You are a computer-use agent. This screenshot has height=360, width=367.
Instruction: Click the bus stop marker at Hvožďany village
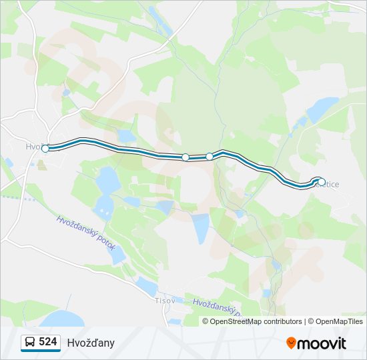point(45,149)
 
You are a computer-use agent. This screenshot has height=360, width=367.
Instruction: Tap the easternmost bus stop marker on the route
point(322,181)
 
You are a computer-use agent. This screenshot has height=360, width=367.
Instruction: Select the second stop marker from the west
point(186,157)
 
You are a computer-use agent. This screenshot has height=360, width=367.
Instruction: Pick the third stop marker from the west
point(210,157)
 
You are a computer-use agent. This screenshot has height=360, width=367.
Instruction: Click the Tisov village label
point(165,301)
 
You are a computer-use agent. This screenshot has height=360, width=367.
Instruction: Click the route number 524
point(48,342)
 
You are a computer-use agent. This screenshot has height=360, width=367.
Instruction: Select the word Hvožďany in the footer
point(91,343)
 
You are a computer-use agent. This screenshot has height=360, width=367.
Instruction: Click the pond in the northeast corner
point(323,107)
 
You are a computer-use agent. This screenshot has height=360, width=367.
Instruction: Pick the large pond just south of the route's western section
point(107,179)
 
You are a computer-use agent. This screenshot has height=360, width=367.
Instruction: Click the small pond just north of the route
point(125,137)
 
